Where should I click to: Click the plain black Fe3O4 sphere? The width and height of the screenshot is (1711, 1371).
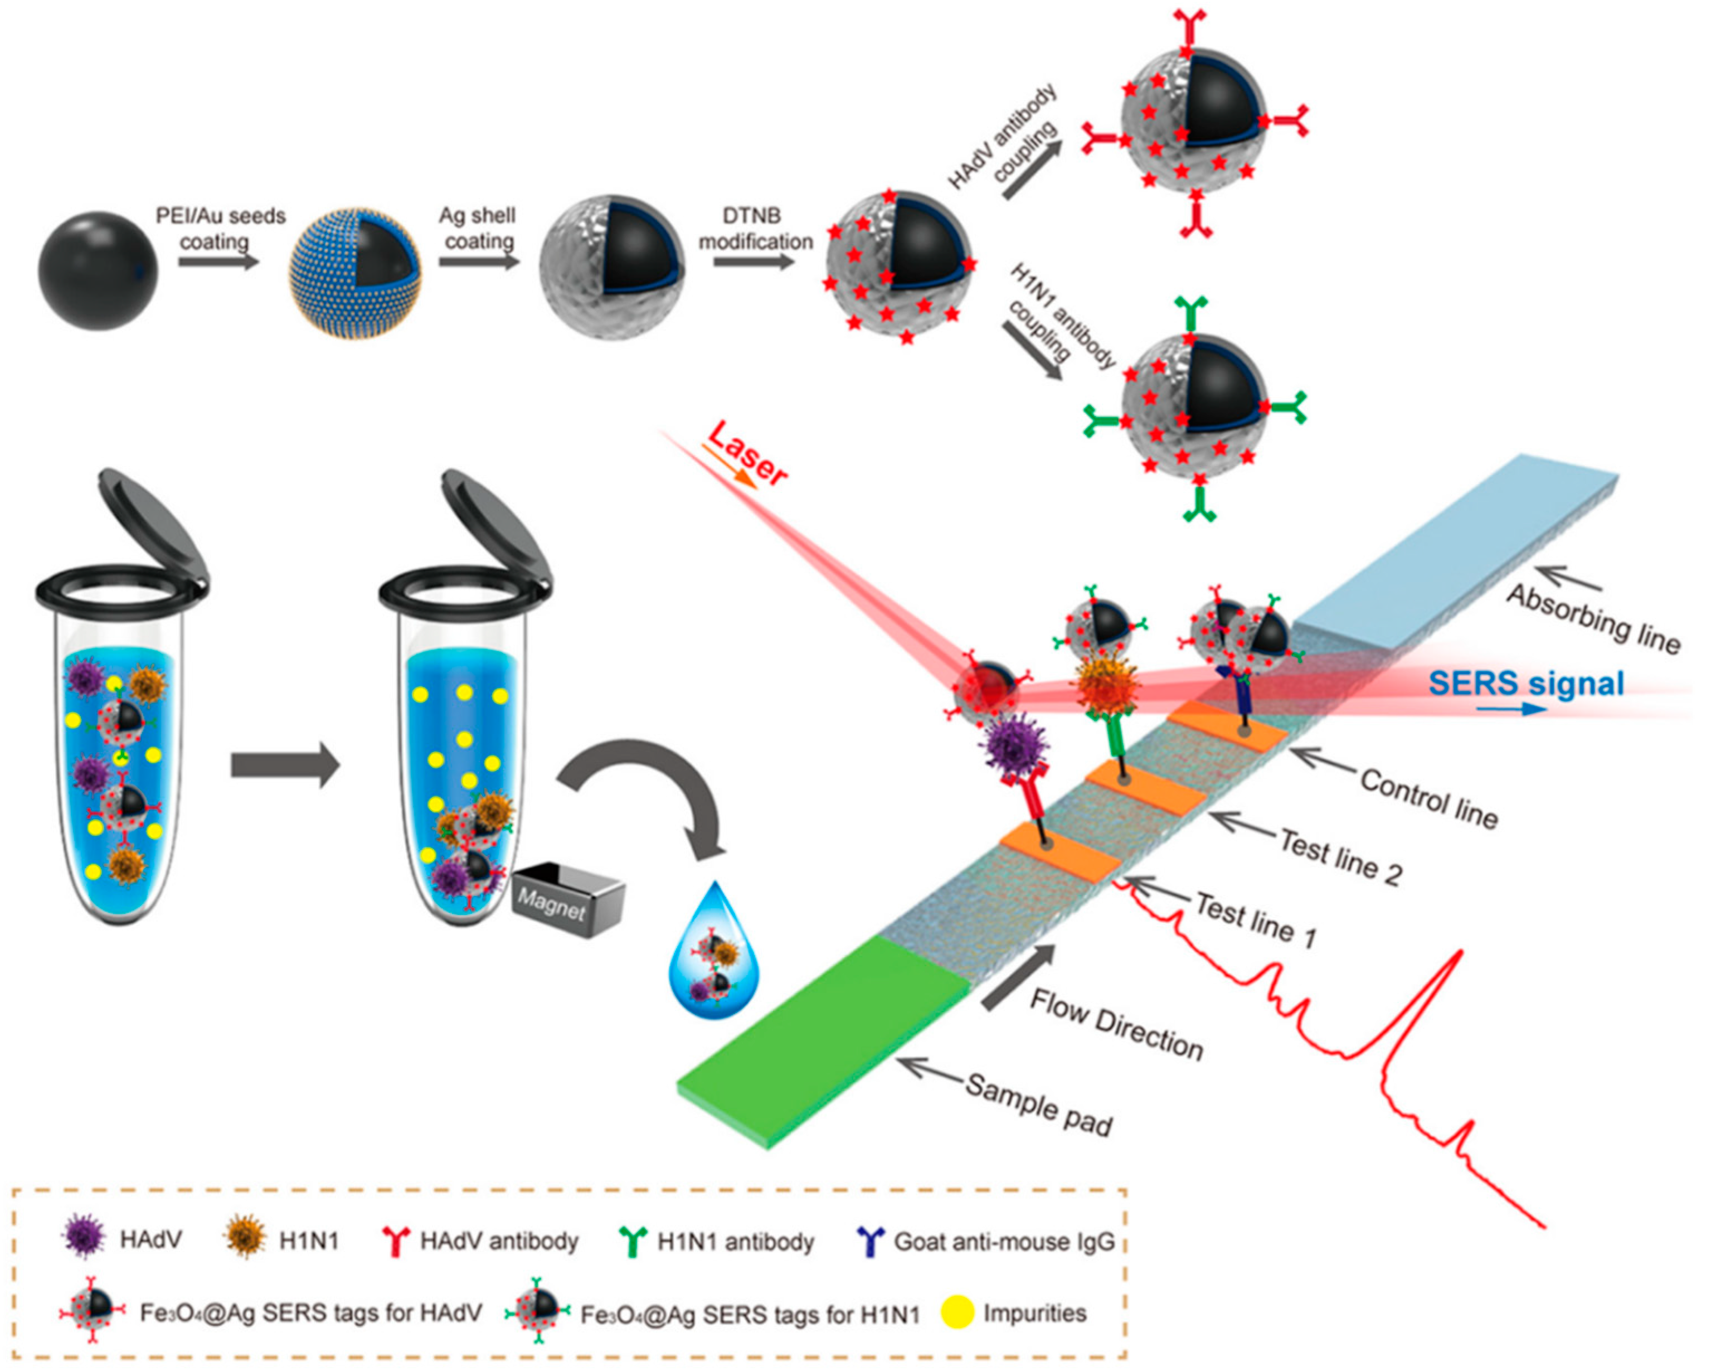(x=98, y=271)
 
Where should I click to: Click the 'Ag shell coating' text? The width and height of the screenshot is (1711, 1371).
(x=478, y=228)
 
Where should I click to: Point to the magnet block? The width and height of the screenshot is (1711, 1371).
(x=568, y=899)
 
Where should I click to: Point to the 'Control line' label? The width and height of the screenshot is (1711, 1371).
(x=1428, y=798)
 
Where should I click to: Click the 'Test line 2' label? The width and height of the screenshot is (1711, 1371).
(x=1340, y=856)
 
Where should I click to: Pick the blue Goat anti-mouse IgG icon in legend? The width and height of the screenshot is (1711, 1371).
(x=871, y=1241)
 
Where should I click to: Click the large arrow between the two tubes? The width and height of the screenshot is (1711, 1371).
(x=284, y=766)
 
